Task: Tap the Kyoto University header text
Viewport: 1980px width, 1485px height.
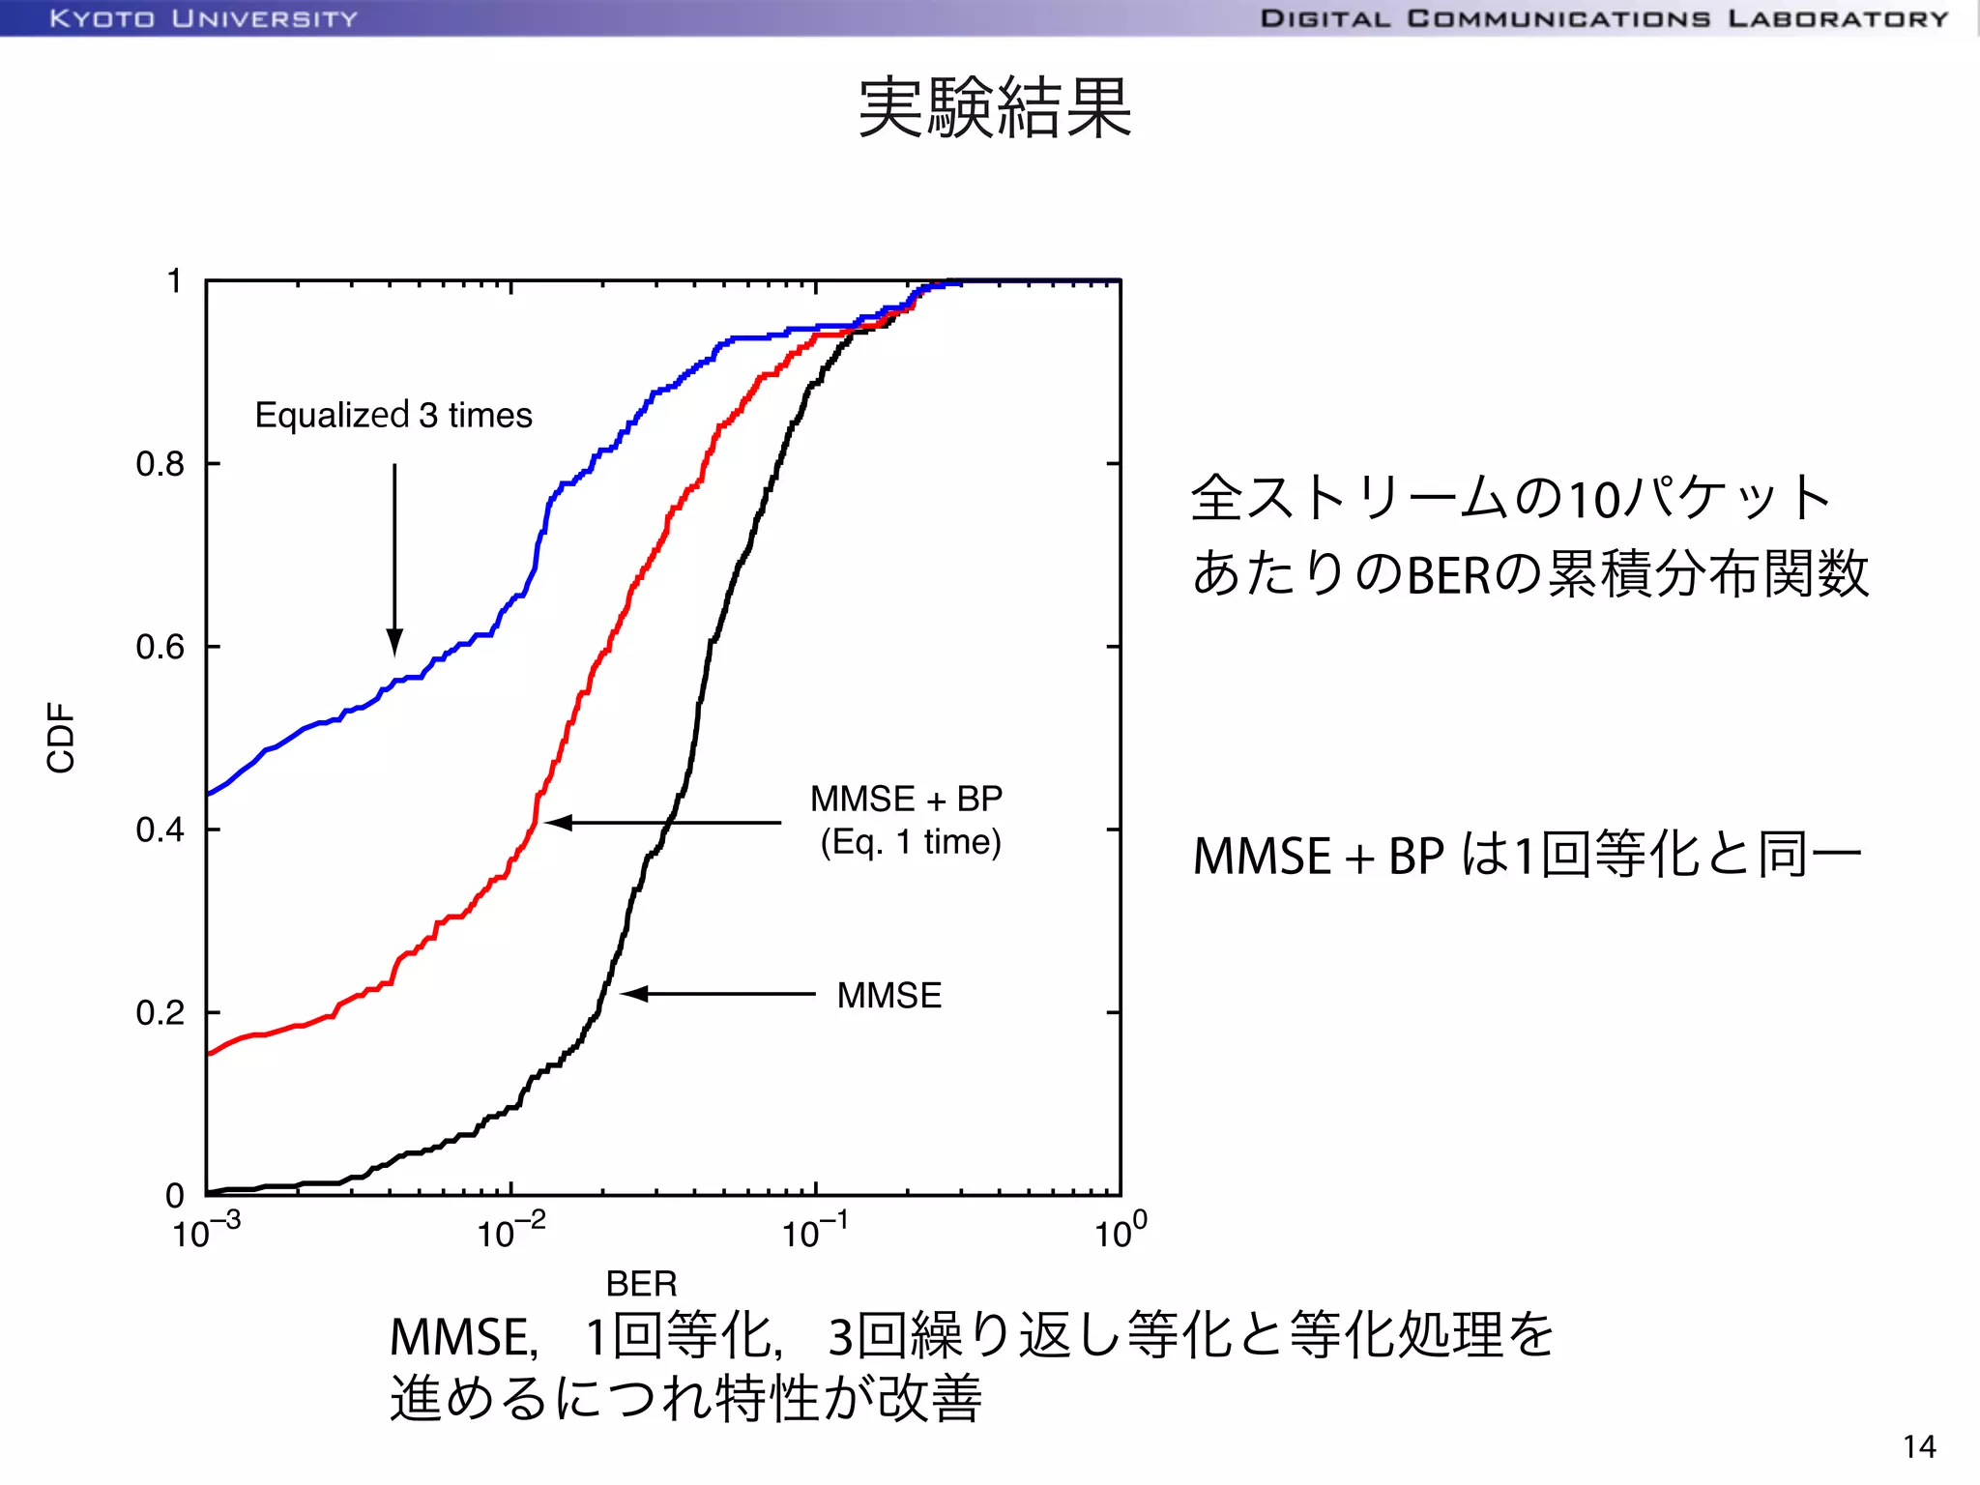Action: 204,18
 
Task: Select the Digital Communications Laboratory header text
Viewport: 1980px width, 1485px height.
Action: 1604,18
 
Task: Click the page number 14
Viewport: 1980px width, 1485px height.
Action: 1919,1446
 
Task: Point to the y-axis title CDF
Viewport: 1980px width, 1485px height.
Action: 61,737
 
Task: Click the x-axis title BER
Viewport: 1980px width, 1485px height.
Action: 641,1283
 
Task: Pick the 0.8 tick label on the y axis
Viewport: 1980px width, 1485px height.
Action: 160,464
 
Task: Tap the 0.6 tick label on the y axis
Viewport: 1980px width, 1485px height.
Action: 160,647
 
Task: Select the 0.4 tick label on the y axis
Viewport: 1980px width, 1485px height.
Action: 160,830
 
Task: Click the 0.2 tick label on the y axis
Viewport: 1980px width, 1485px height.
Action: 160,1012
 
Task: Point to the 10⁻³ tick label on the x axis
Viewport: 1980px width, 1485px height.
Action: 206,1232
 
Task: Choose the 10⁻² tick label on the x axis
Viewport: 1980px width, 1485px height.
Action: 510,1232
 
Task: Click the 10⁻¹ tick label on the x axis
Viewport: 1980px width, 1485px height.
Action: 815,1232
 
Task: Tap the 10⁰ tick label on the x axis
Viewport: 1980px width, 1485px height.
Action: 1121,1232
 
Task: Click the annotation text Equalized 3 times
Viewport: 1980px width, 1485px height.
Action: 393,415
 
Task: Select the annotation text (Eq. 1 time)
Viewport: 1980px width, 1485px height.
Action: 911,842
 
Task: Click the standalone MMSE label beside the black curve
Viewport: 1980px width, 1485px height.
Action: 889,995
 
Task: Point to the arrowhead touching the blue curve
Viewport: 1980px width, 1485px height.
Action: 394,642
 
